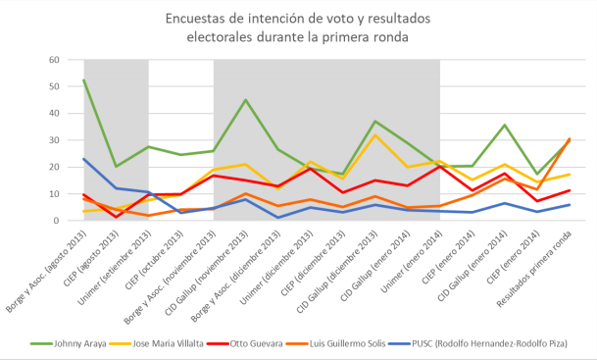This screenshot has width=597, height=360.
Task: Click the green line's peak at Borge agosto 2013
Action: click(84, 80)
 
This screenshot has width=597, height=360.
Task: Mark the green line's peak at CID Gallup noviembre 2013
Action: click(245, 100)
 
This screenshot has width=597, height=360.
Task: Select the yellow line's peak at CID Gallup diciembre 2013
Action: click(374, 134)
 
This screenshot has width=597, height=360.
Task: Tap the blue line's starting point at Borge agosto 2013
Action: click(84, 159)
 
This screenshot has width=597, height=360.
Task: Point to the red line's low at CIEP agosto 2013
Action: click(117, 217)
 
